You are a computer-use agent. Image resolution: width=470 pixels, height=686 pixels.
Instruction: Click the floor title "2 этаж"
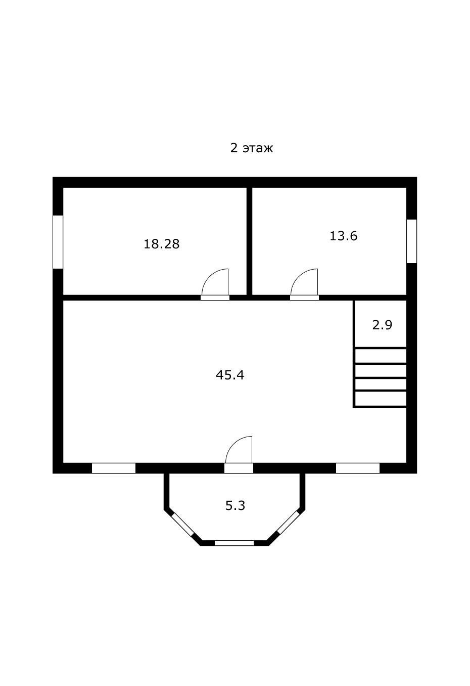click(251, 149)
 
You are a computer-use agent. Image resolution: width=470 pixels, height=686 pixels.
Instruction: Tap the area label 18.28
click(162, 244)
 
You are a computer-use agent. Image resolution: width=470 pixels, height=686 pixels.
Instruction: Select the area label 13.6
click(343, 236)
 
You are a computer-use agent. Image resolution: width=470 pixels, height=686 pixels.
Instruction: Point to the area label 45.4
click(230, 375)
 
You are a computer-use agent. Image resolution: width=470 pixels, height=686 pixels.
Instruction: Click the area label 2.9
click(382, 325)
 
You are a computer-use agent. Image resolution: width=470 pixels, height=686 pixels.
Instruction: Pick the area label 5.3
click(236, 505)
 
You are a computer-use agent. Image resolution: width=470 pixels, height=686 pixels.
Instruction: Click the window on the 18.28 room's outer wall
click(58, 242)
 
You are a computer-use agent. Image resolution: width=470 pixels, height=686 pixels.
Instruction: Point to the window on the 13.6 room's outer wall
click(411, 241)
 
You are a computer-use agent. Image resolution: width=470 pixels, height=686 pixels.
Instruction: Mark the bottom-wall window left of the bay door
click(114, 468)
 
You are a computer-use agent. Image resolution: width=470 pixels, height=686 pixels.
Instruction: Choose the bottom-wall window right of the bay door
click(358, 468)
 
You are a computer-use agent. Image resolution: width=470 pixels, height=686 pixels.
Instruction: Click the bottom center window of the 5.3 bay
click(234, 543)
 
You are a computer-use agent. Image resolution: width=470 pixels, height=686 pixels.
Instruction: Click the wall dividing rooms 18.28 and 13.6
click(249, 241)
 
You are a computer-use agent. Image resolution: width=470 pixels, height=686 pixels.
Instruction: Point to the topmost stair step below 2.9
click(381, 356)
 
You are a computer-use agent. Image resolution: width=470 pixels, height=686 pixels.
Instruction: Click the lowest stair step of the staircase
click(381, 399)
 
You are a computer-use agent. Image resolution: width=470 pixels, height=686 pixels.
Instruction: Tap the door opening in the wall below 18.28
click(215, 297)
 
